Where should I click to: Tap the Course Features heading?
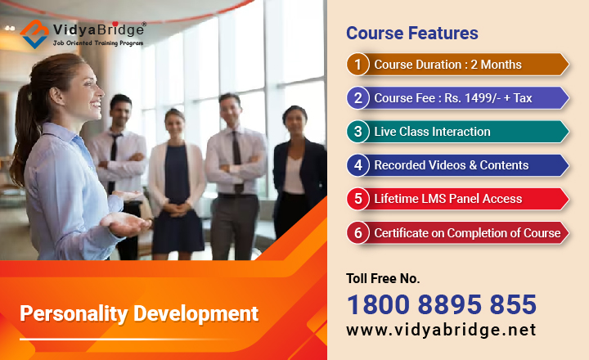click(411, 34)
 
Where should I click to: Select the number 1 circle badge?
click(357, 65)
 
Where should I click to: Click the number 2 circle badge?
click(357, 98)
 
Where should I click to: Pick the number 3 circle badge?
click(357, 132)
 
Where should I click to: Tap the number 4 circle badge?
click(357, 165)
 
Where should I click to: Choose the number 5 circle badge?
click(357, 199)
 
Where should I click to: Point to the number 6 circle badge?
click(357, 232)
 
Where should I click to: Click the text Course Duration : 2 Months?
click(447, 65)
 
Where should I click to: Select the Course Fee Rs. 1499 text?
click(453, 98)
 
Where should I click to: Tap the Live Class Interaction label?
click(432, 132)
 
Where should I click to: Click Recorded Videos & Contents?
click(451, 165)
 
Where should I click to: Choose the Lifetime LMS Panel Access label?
click(447, 199)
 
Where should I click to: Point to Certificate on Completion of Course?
click(467, 233)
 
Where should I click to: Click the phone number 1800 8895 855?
click(442, 304)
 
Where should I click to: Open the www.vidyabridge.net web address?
click(442, 330)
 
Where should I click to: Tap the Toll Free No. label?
click(383, 278)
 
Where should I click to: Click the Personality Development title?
click(139, 313)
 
